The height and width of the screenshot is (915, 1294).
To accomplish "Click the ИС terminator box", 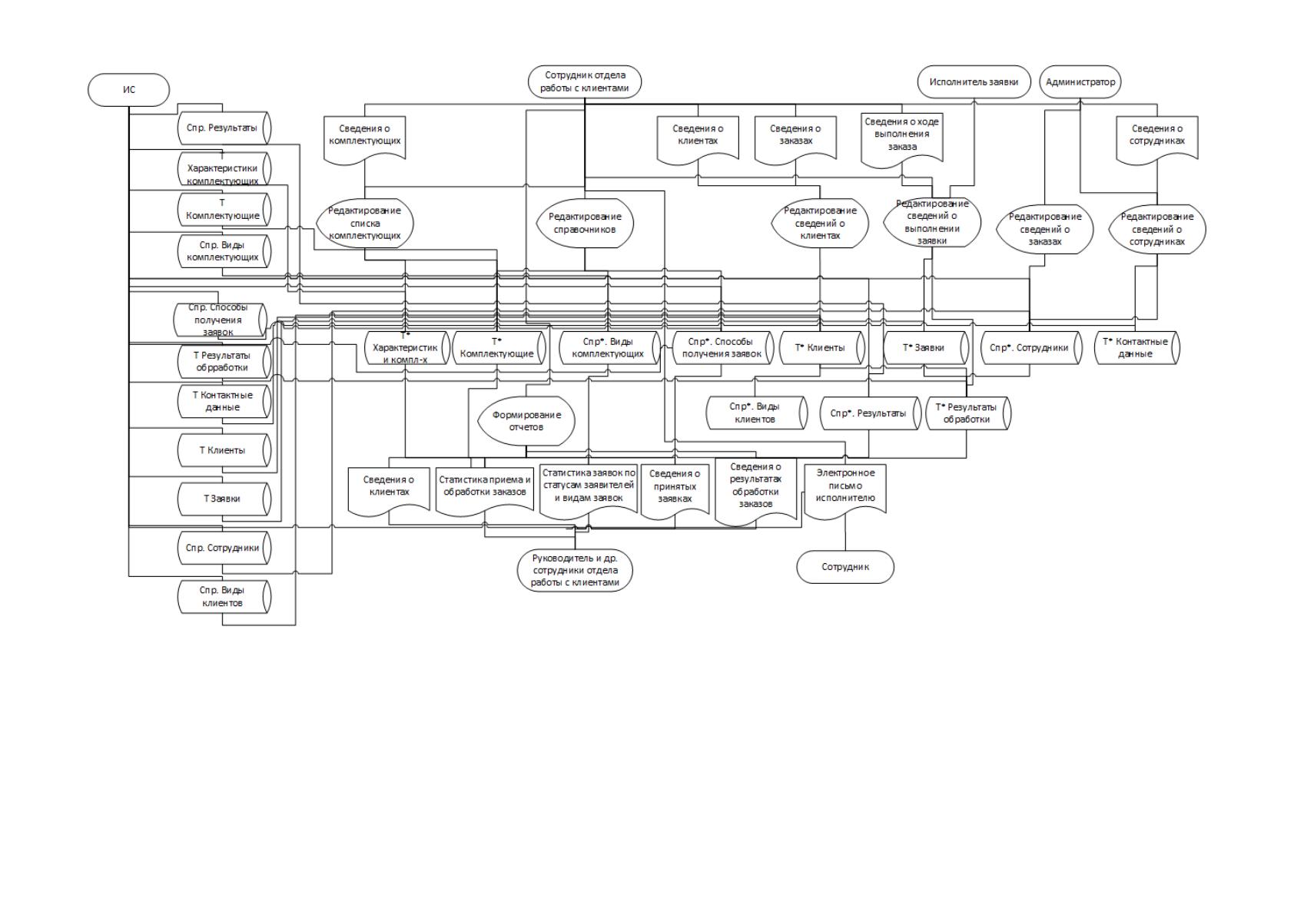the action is (128, 90).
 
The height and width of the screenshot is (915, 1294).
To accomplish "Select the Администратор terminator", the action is (1080, 81).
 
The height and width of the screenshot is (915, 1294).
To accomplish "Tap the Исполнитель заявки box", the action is (974, 81).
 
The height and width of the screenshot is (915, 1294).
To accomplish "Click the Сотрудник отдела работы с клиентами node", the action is (585, 81).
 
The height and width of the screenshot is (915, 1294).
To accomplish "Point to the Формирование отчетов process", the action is (526, 420).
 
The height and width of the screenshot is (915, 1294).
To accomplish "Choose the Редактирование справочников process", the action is (585, 223).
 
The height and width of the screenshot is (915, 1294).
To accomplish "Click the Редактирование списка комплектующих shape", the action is (364, 223).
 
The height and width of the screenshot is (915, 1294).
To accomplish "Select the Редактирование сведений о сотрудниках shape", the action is (1156, 229).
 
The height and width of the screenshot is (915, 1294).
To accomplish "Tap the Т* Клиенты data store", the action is (821, 348).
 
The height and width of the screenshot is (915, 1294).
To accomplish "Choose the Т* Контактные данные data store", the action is (1136, 348).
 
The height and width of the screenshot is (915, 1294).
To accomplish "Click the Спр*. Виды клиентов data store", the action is (756, 413).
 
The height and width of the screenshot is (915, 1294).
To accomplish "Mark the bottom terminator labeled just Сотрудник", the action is (845, 567).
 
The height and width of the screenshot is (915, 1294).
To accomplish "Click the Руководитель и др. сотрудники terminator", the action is (575, 570).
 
